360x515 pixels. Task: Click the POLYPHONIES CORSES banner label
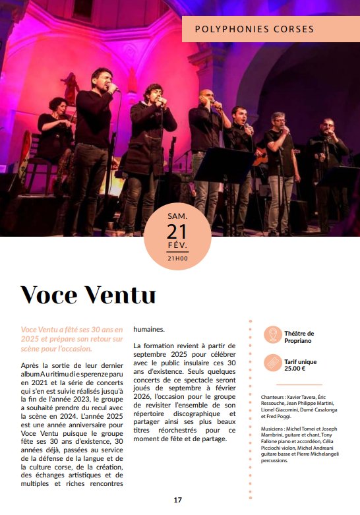pyautogui.click(x=254, y=29)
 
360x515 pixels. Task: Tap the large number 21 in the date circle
pyautogui.click(x=177, y=231)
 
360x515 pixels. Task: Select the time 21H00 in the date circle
pyautogui.click(x=177, y=258)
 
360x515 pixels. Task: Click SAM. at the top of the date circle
pyautogui.click(x=177, y=216)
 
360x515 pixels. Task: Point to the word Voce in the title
pyautogui.click(x=52, y=294)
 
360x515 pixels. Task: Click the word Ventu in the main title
pyautogui.click(x=123, y=294)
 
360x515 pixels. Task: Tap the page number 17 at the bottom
pyautogui.click(x=177, y=500)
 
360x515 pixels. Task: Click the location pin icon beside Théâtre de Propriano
pyautogui.click(x=271, y=336)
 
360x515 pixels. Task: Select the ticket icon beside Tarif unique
pyautogui.click(x=271, y=363)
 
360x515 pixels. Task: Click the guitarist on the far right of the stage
pyautogui.click(x=327, y=152)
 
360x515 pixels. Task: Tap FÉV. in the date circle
pyautogui.click(x=177, y=246)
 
